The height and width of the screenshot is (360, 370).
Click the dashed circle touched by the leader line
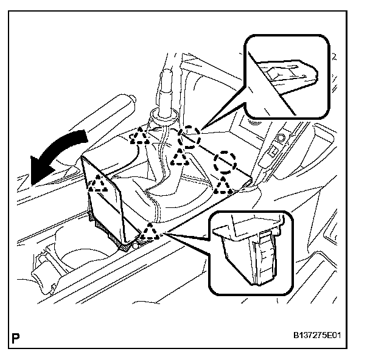190,137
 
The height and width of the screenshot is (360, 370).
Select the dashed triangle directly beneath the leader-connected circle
181,157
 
